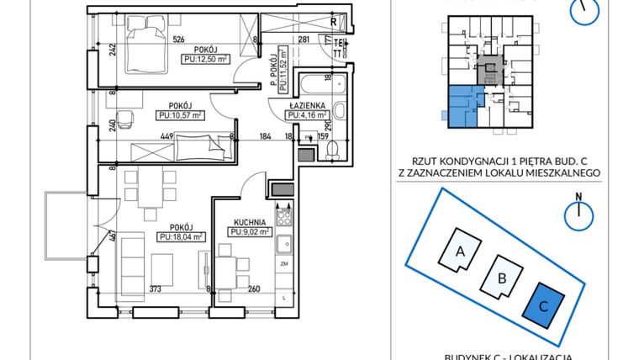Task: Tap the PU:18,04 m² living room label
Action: point(181,237)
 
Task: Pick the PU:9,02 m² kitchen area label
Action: point(251,232)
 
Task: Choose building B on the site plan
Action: point(501,278)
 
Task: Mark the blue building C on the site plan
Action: point(543,305)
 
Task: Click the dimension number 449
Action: point(166,136)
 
